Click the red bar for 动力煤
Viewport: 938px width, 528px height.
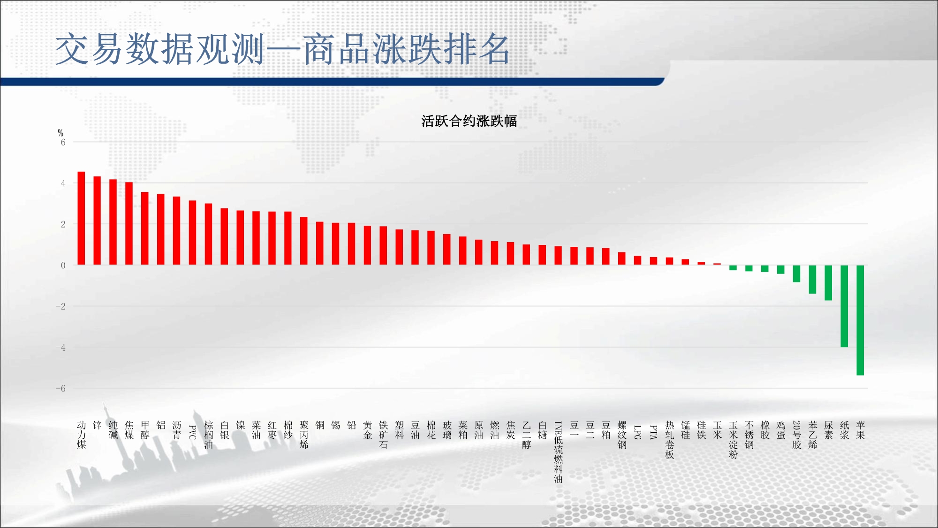tap(81, 218)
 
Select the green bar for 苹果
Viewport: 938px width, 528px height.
tap(860, 320)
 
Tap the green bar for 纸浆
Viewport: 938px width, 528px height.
tap(844, 306)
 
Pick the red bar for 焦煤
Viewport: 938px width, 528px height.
tap(129, 223)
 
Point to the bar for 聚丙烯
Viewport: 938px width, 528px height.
tap(304, 241)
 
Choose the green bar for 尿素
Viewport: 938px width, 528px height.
tap(828, 283)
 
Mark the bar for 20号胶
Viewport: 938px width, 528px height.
tap(796, 274)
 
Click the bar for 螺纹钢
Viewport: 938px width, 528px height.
tap(622, 259)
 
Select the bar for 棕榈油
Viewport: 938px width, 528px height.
tap(208, 234)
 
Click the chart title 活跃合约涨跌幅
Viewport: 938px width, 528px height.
tap(469, 121)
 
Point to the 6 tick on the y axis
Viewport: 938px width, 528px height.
tap(63, 142)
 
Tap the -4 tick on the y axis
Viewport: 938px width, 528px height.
tap(61, 347)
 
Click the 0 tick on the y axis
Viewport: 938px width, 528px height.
tap(63, 265)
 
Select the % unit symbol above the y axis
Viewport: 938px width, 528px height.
tap(61, 133)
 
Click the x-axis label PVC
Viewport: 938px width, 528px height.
tap(192, 432)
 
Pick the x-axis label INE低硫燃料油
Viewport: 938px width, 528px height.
tap(558, 452)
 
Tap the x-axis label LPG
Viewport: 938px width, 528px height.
tap(638, 432)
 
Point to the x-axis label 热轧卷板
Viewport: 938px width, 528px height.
tap(670, 440)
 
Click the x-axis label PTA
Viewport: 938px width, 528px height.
tap(654, 432)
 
